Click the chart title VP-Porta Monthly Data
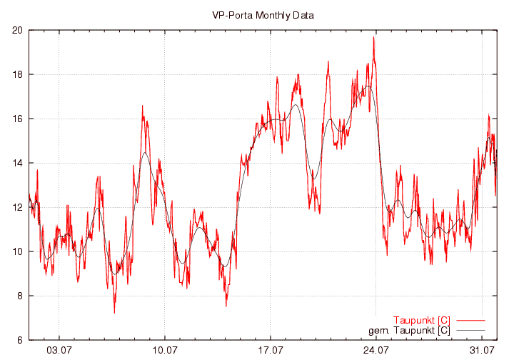[263, 15]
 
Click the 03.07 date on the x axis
[59, 351]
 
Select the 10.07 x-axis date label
[165, 351]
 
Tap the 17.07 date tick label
[271, 351]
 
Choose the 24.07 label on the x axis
[376, 351]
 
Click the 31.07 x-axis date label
[481, 351]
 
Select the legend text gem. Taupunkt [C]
[409, 330]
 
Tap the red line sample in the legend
[470, 320]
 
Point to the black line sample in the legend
[470, 330]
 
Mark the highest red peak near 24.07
[373, 37]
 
